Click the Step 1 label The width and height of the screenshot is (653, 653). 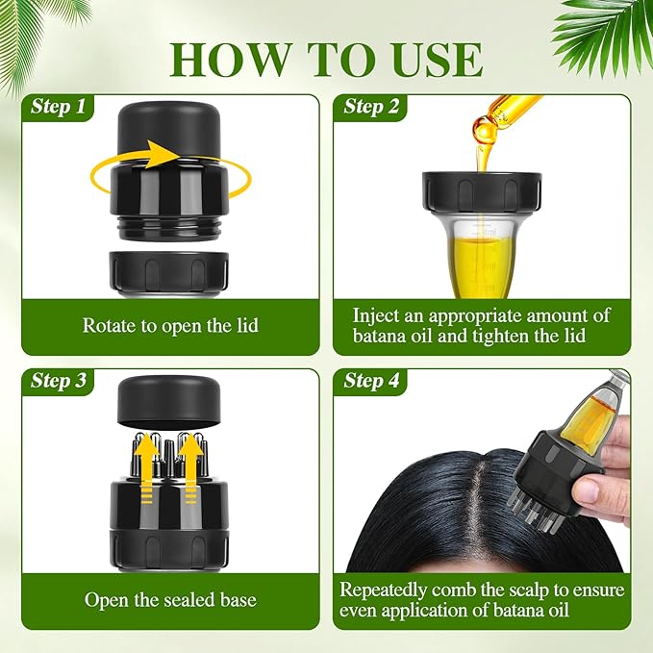[x=58, y=107]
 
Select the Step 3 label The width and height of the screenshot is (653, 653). [x=58, y=381]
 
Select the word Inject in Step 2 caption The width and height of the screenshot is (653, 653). [x=378, y=315]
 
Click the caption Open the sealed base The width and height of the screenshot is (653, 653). [x=170, y=600]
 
